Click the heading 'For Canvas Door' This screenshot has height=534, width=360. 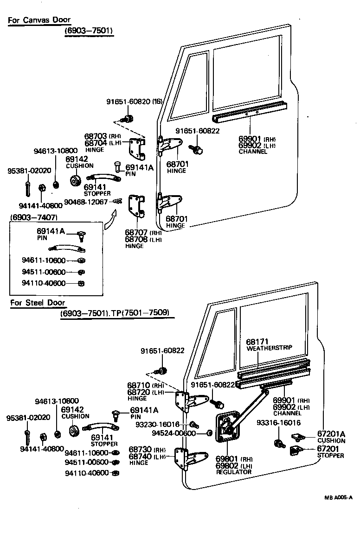point(39,20)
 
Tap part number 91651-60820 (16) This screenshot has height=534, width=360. point(134,103)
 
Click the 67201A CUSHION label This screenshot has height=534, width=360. point(331,437)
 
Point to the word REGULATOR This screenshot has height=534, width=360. point(234,472)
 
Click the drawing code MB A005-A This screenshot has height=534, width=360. point(338,498)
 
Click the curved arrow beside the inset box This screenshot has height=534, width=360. point(109,218)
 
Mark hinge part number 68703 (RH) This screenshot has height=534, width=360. point(96,136)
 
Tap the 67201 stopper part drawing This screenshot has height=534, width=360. point(296,450)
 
